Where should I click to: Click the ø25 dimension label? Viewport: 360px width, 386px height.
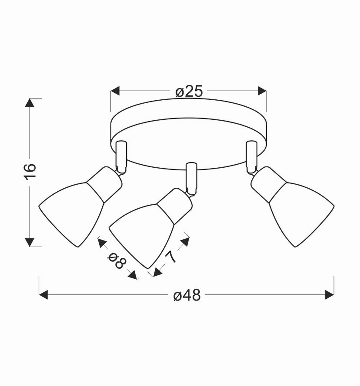(189, 91)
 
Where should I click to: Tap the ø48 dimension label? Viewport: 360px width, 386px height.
(187, 296)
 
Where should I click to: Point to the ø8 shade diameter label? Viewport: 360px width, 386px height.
(116, 260)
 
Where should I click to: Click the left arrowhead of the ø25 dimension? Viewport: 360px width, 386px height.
(115, 91)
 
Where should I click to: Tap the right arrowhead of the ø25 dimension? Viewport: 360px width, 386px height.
(262, 91)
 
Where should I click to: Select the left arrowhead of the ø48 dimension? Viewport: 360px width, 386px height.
(44, 295)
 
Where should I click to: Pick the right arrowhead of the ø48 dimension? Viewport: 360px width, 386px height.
(329, 295)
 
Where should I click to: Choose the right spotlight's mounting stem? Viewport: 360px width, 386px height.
(251, 155)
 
